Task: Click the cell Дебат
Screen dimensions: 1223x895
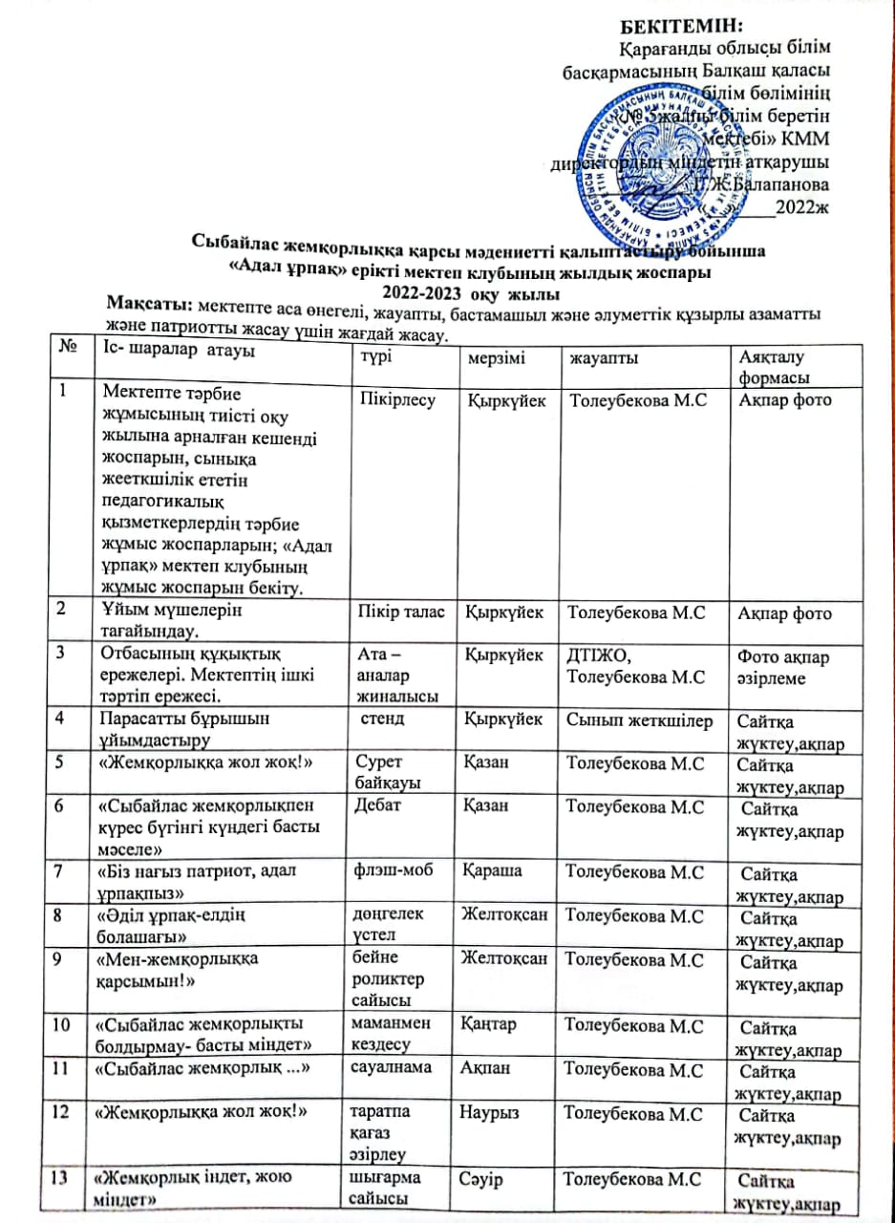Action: click(375, 806)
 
